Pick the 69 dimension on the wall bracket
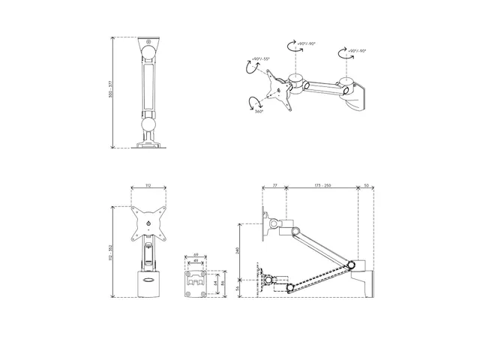[x=196, y=256]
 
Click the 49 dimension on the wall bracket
[x=196, y=262]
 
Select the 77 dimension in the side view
[x=275, y=184]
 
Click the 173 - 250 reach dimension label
[x=324, y=184]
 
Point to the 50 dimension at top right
[x=365, y=184]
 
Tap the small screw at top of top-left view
[x=148, y=41]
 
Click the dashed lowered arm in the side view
[x=315, y=277]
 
